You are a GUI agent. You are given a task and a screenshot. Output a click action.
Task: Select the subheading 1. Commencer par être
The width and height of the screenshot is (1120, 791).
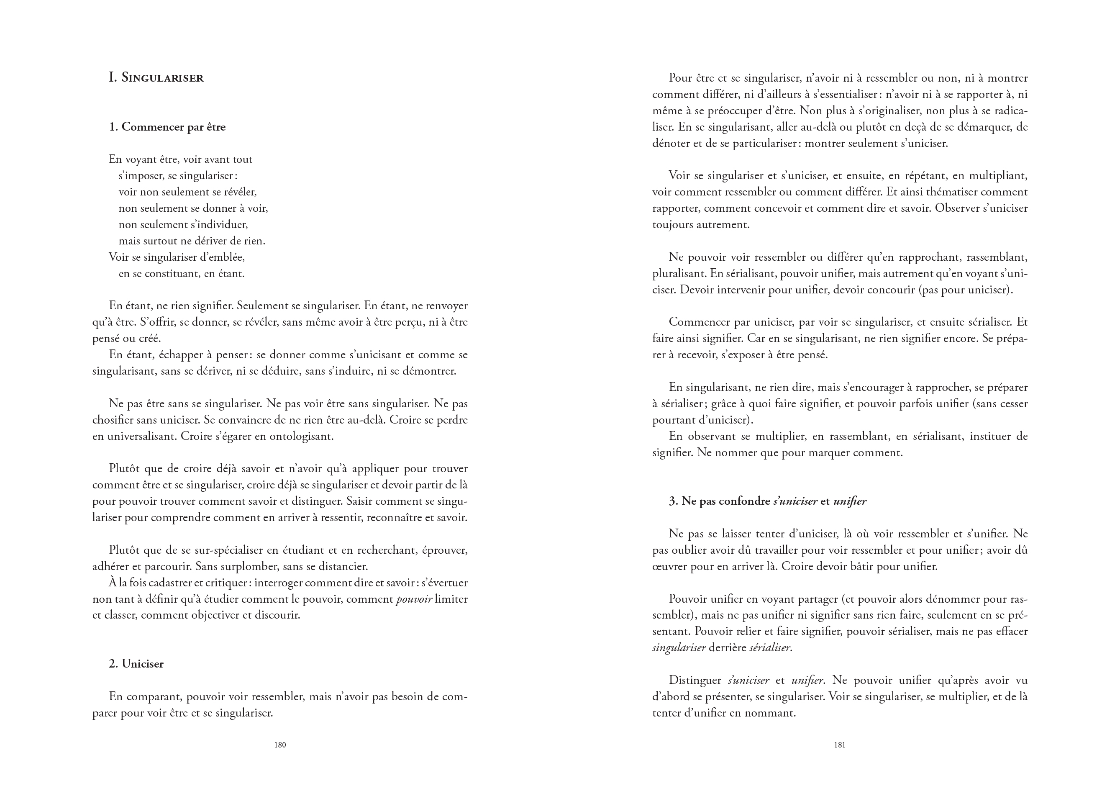click(167, 127)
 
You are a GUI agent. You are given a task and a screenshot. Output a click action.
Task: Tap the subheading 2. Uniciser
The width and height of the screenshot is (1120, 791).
click(136, 664)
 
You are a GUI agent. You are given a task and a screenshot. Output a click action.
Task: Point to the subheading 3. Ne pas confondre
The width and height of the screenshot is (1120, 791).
click(767, 501)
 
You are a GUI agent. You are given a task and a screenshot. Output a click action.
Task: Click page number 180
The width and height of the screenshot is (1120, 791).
click(280, 745)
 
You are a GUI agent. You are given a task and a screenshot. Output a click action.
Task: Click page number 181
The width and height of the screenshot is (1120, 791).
click(840, 745)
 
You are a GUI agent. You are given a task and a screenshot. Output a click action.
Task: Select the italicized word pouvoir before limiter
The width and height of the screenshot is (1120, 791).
click(414, 599)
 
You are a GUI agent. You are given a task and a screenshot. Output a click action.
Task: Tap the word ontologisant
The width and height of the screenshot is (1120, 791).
click(302, 436)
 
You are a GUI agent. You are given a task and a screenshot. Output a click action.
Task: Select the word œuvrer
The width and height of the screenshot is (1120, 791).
click(668, 567)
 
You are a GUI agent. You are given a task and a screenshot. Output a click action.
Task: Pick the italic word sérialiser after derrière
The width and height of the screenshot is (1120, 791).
click(770, 648)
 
